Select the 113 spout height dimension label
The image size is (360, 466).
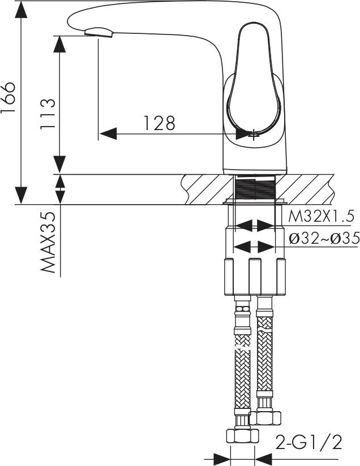(48, 114)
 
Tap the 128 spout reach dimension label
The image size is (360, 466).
(160, 123)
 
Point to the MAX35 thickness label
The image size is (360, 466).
(48, 242)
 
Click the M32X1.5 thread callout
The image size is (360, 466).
(322, 217)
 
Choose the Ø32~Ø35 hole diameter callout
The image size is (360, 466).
(324, 238)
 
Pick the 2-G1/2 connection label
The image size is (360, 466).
(308, 442)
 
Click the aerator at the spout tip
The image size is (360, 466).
(99, 32)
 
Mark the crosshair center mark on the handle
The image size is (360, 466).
(253, 135)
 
